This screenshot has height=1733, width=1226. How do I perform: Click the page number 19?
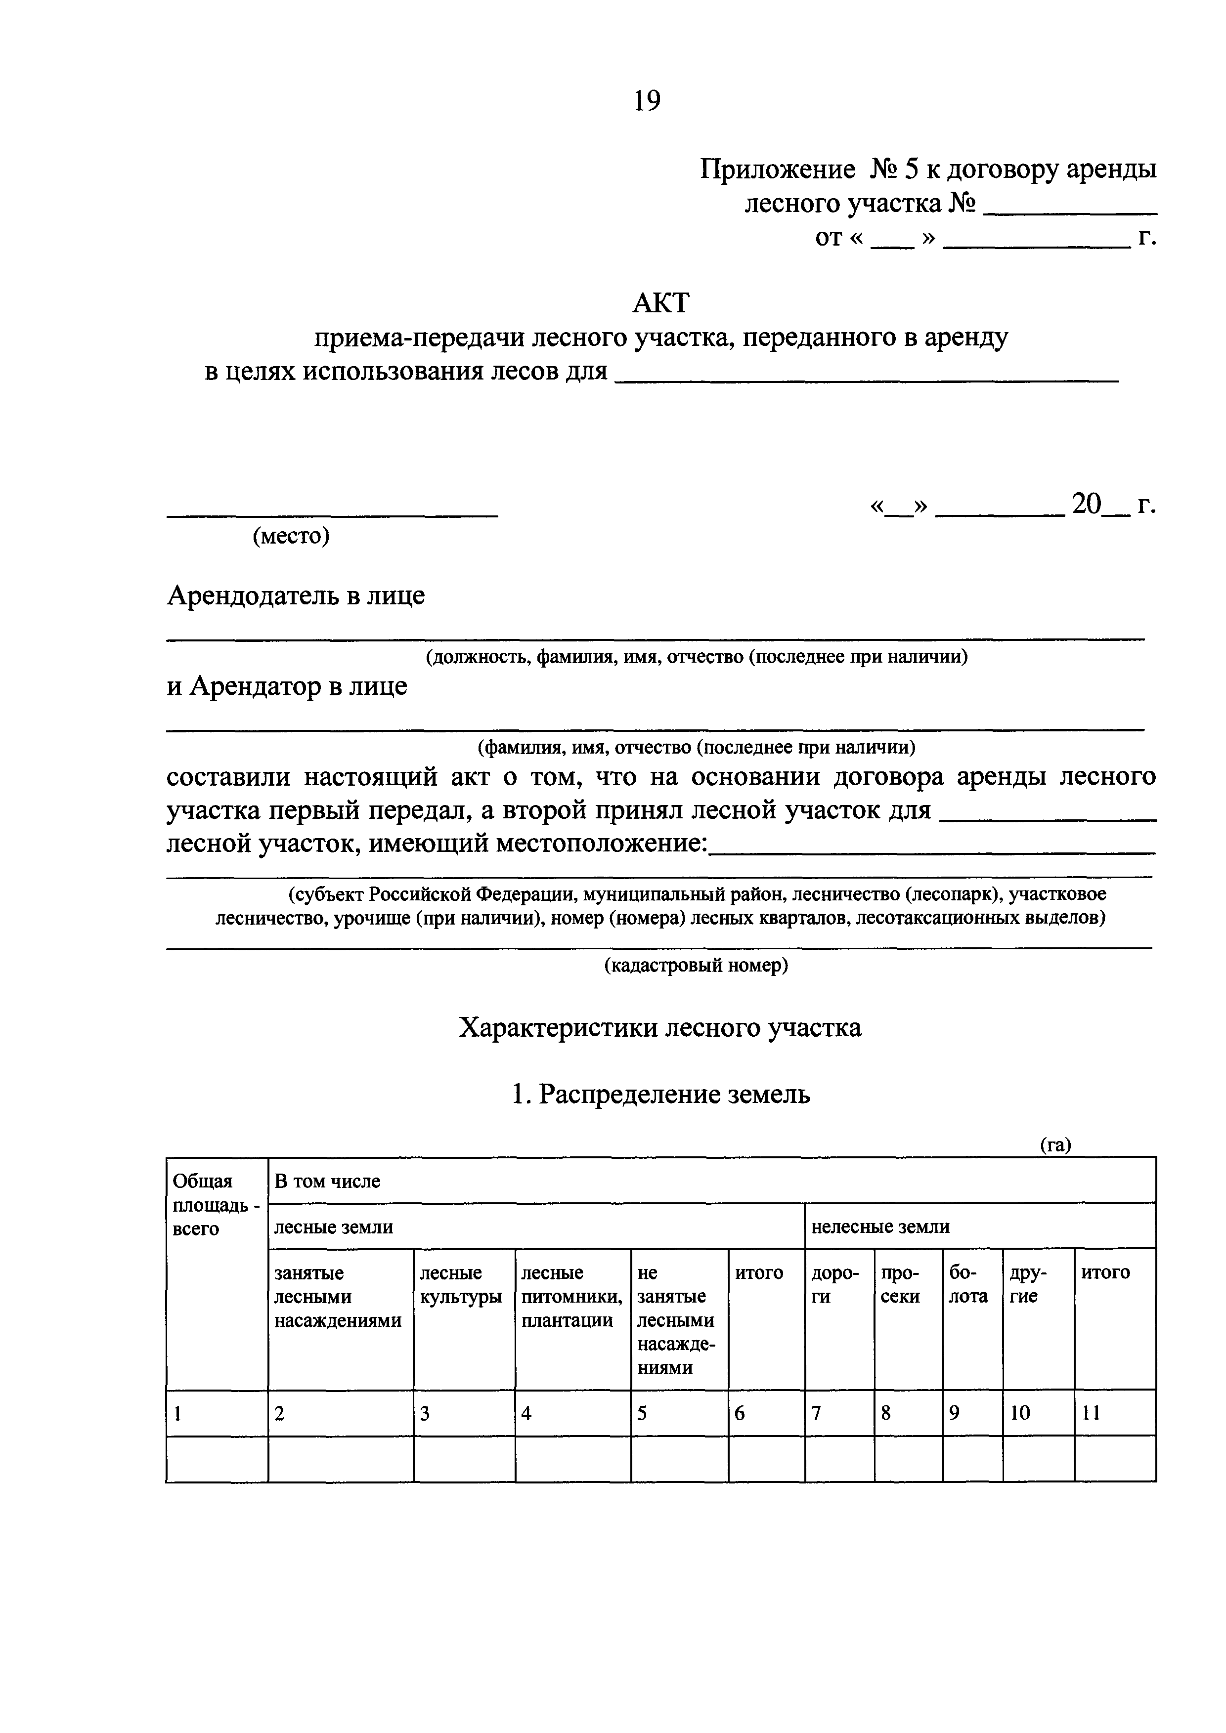click(647, 100)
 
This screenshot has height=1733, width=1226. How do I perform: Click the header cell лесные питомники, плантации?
click(571, 1296)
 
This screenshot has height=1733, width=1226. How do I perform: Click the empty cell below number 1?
click(217, 1458)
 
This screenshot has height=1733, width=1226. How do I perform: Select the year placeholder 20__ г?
click(1113, 504)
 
